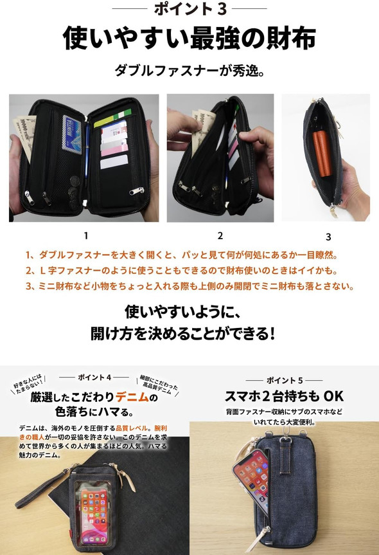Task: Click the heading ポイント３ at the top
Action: click(189, 9)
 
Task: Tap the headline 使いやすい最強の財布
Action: click(189, 38)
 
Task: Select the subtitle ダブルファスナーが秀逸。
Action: click(189, 70)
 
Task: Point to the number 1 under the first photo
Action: click(85, 235)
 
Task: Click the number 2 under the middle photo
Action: click(220, 235)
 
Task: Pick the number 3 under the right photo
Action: click(328, 237)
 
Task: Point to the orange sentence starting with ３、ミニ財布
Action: click(189, 286)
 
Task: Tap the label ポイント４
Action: click(95, 376)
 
